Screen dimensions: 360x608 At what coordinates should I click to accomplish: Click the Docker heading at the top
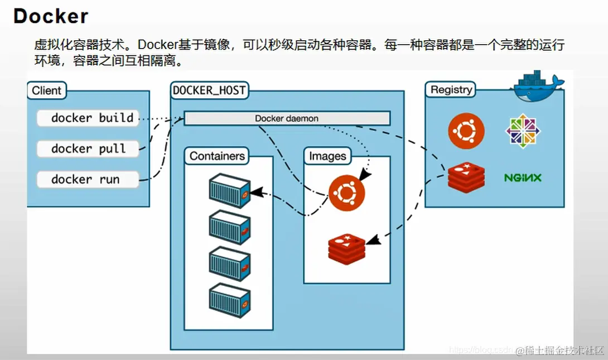click(x=51, y=16)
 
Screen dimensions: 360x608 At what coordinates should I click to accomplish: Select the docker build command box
click(x=88, y=118)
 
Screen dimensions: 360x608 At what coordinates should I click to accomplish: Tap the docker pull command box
click(x=88, y=149)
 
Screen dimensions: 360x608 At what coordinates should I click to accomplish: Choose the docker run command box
click(x=88, y=180)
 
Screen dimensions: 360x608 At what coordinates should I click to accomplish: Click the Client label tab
click(x=47, y=90)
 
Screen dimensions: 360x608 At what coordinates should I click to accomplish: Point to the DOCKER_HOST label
click(x=209, y=90)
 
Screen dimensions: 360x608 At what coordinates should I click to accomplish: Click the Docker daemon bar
click(x=287, y=118)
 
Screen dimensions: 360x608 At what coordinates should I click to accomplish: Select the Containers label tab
click(x=217, y=156)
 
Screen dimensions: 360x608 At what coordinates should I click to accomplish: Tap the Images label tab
click(x=327, y=156)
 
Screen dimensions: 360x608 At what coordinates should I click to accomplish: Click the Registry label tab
click(x=451, y=89)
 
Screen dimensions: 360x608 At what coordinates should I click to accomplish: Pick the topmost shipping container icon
click(x=229, y=190)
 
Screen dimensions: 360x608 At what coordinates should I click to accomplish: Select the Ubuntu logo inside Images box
click(x=346, y=193)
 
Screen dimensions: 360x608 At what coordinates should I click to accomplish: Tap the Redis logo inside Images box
click(x=346, y=249)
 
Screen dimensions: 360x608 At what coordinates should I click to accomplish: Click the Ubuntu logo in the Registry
click(x=466, y=131)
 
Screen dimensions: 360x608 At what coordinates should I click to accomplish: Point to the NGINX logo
click(x=523, y=178)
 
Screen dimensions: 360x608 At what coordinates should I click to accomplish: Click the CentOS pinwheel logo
click(x=523, y=131)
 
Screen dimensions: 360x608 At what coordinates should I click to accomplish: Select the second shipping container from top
click(x=229, y=227)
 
